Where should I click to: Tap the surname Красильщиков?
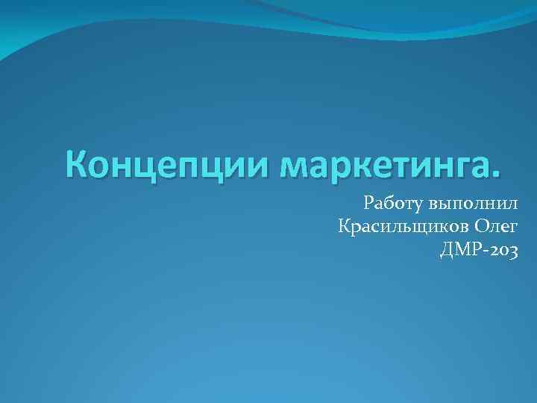point(401,226)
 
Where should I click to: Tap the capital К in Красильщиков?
point(345,225)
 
